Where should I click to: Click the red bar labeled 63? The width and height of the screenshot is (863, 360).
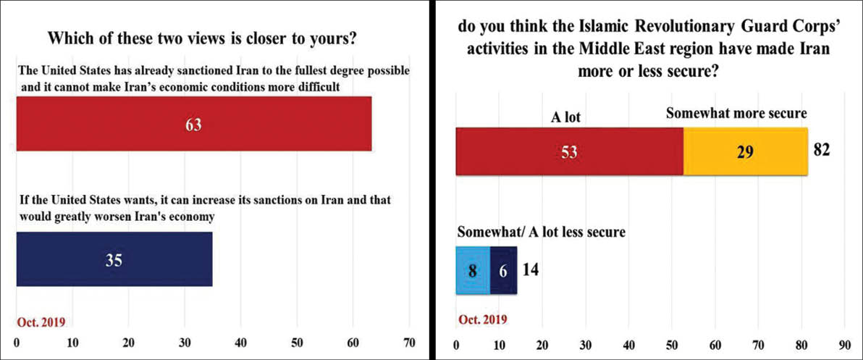(193, 124)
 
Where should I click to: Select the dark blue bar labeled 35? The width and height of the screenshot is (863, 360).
(114, 259)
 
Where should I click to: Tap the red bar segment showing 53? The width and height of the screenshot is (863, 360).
(569, 151)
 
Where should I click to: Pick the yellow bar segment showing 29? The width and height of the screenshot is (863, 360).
(745, 151)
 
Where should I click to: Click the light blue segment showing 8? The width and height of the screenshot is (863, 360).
(473, 270)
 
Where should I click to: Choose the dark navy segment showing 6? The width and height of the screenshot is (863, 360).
(503, 270)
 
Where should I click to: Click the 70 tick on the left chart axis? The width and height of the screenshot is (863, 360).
(409, 341)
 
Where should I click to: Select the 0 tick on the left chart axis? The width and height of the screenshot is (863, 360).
(16, 341)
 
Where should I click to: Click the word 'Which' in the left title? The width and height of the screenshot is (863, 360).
(71, 38)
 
